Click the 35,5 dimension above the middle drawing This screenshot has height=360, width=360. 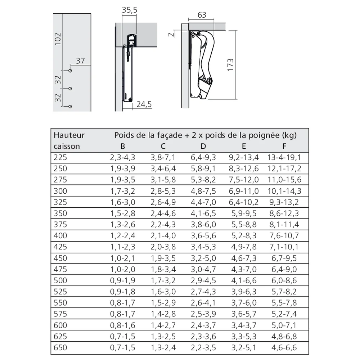pos(130,10)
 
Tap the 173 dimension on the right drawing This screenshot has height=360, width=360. pos(231,65)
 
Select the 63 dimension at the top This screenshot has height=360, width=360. pos(202,15)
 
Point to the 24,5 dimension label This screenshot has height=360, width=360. pos(144,104)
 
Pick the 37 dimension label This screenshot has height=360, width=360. pos(80,61)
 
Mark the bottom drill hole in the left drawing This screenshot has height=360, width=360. pos(70,106)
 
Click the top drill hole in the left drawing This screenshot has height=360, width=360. pos(70,71)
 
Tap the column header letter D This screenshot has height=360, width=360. pos(203,146)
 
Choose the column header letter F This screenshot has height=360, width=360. pos(284,146)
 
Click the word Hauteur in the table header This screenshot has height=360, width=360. pos(69,135)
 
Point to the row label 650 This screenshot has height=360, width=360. pos(60,348)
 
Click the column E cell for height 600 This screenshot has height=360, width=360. pos(244,326)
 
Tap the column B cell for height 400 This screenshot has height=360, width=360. pos(122,236)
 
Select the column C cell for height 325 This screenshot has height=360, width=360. pos(163,202)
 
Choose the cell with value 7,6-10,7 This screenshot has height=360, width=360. pos(284,236)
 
